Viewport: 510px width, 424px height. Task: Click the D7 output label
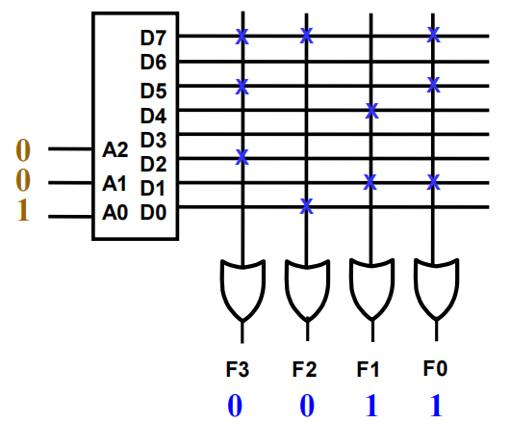(x=153, y=38)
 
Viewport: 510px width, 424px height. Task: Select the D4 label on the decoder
(x=153, y=116)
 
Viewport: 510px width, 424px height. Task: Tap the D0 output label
(x=153, y=212)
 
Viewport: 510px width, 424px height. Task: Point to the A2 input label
(x=115, y=150)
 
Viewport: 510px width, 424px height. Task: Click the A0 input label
(x=115, y=213)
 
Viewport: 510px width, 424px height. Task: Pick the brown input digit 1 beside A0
(x=23, y=211)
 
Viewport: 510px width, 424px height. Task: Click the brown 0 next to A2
(x=23, y=150)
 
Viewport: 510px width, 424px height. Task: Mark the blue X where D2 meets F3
(x=242, y=157)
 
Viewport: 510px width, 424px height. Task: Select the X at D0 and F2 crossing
(x=306, y=206)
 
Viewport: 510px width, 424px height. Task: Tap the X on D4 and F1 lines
(x=371, y=111)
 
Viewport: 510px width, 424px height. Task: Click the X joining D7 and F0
(x=433, y=35)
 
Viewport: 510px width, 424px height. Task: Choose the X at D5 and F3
(x=242, y=87)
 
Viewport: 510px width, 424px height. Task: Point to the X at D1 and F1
(x=370, y=182)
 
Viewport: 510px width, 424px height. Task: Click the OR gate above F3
(x=242, y=290)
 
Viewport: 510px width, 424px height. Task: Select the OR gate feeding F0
(x=436, y=288)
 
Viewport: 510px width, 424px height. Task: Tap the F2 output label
(x=304, y=369)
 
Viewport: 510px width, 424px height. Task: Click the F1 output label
(x=368, y=369)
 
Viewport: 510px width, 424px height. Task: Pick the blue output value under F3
(x=235, y=406)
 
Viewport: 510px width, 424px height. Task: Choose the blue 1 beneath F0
(x=436, y=406)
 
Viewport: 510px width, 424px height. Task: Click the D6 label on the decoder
(x=153, y=62)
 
